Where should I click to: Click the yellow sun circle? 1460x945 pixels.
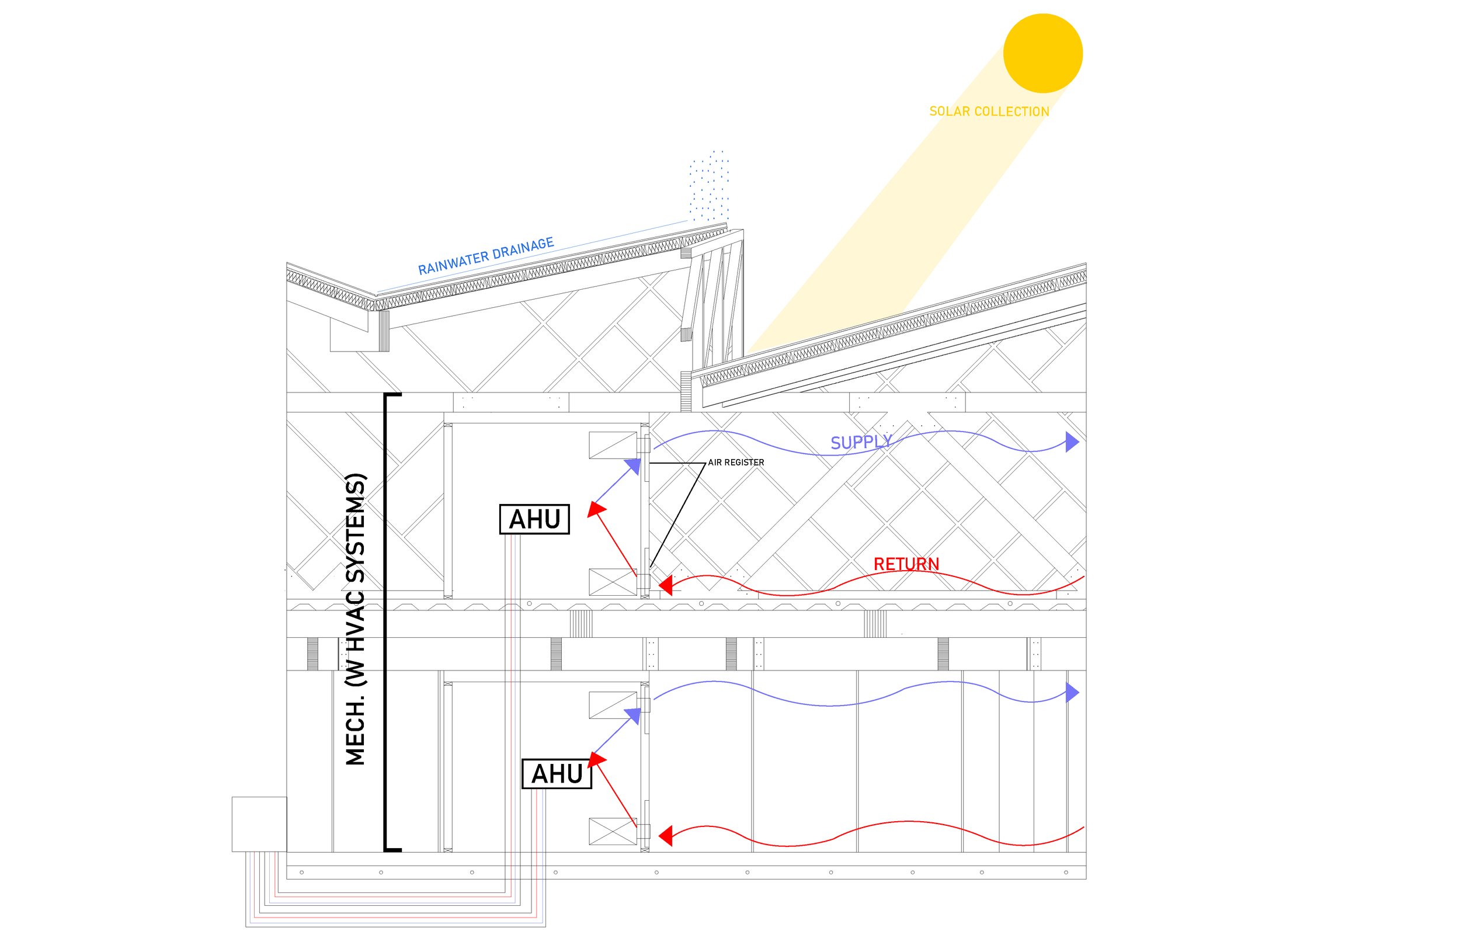tap(1042, 53)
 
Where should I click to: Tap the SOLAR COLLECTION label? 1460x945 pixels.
tap(989, 112)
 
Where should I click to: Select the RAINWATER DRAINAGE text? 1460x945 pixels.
tap(486, 256)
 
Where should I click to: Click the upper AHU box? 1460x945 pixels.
tap(534, 519)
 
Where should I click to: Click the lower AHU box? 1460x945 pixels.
tap(557, 774)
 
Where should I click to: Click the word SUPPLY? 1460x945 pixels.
tap(861, 443)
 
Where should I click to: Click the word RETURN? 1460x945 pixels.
tap(906, 564)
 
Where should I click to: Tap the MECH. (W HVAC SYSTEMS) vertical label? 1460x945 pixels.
tap(356, 620)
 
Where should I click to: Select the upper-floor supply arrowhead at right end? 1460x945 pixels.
tap(1072, 442)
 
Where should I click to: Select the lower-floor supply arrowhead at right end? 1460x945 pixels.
tap(1072, 693)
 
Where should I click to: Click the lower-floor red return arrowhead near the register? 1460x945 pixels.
tap(666, 835)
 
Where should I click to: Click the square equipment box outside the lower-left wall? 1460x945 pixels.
tap(259, 824)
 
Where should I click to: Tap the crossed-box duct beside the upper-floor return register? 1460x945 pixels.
tap(613, 582)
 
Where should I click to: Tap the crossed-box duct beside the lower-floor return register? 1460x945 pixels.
tap(613, 832)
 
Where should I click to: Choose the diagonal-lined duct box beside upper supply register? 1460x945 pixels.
tap(613, 446)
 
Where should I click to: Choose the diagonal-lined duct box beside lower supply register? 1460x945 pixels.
tap(613, 705)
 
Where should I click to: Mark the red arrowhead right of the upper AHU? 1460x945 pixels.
tap(596, 509)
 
